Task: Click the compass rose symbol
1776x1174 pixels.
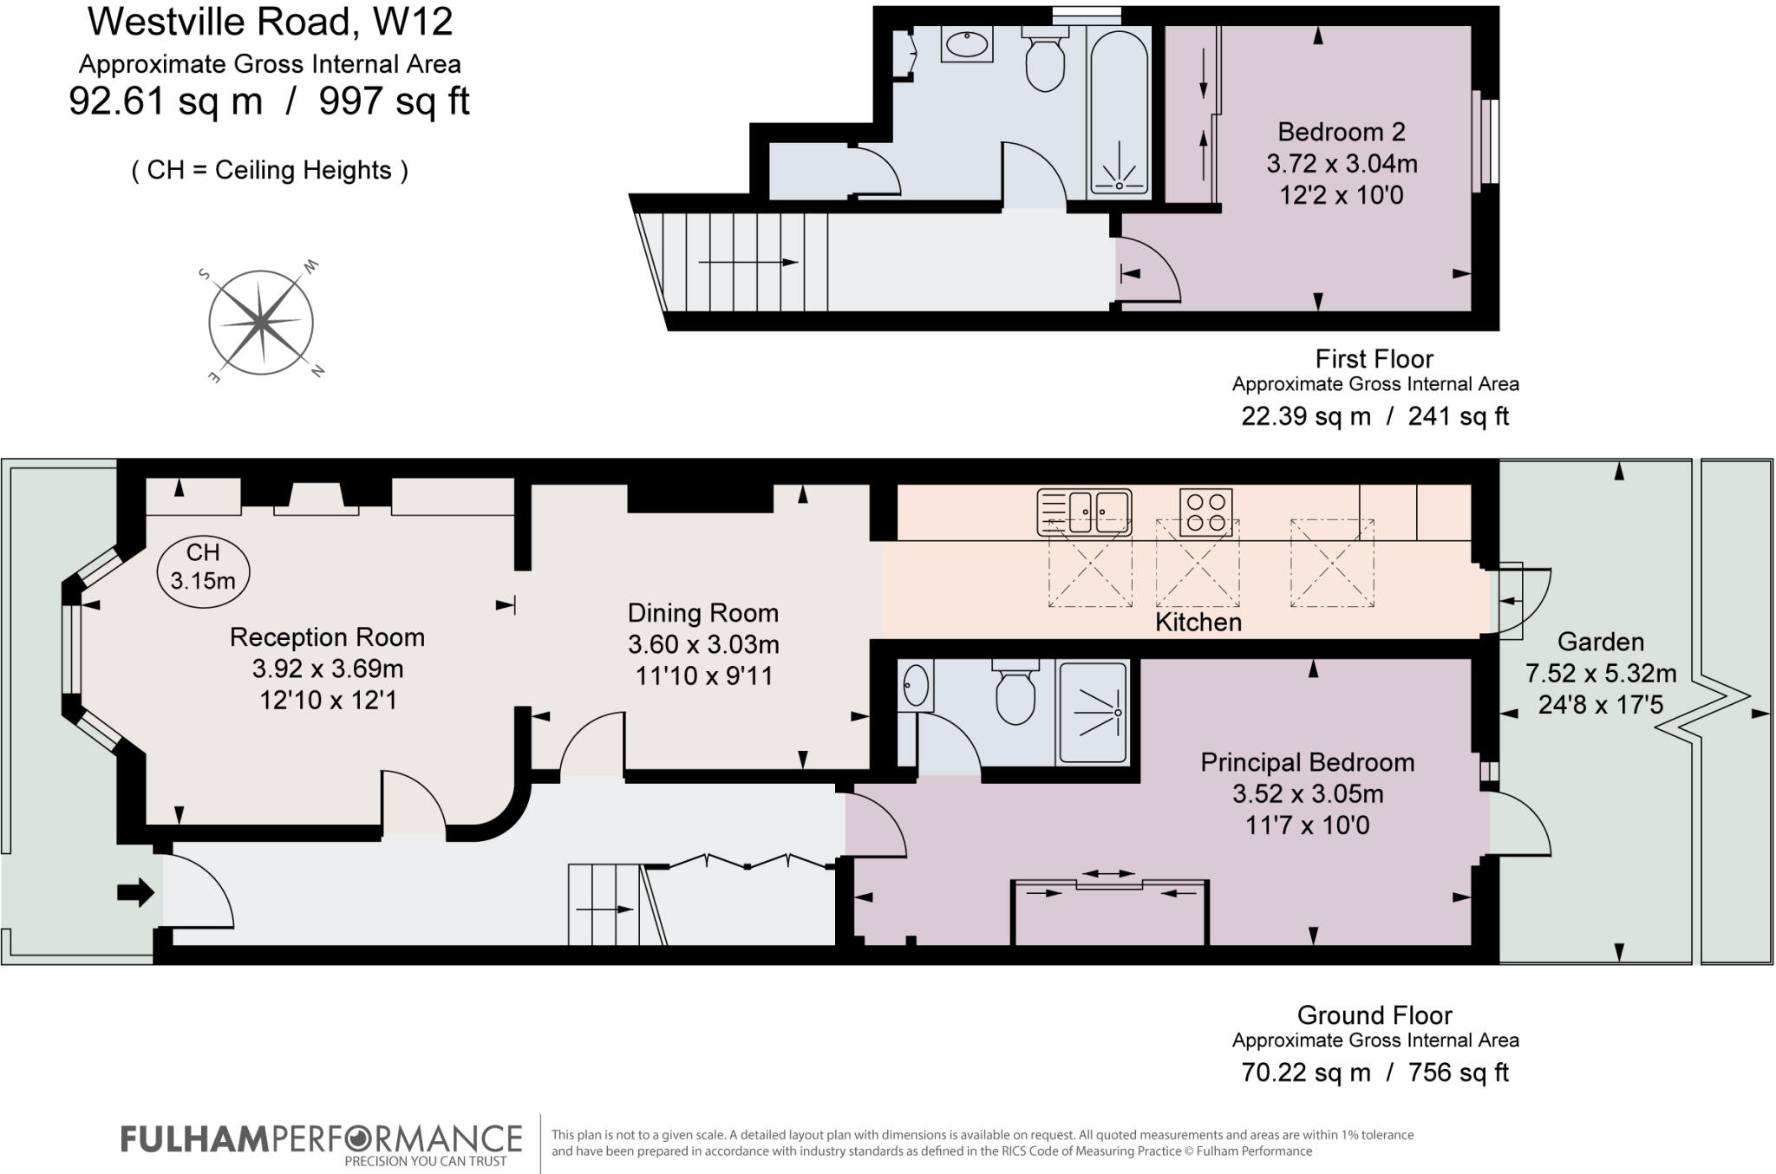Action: pos(260,323)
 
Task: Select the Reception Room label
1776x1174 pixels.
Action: pos(327,637)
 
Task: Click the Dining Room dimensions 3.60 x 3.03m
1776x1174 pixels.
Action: pos(702,644)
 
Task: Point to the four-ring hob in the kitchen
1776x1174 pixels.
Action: pos(1205,512)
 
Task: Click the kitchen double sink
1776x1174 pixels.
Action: pos(1085,512)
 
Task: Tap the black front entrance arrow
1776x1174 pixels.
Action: pos(135,891)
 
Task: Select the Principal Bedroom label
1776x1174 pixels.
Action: pos(1307,762)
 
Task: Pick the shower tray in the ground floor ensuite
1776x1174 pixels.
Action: pos(1093,713)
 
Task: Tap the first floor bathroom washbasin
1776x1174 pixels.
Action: pos(966,43)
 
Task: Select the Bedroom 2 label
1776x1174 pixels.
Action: pos(1341,132)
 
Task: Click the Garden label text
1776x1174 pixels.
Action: pos(1600,642)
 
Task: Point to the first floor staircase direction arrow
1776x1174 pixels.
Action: pos(747,262)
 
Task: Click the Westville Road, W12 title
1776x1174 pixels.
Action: pos(270,21)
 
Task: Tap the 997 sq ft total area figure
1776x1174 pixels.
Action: pos(394,101)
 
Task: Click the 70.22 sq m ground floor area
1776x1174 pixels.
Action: pos(1305,1073)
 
